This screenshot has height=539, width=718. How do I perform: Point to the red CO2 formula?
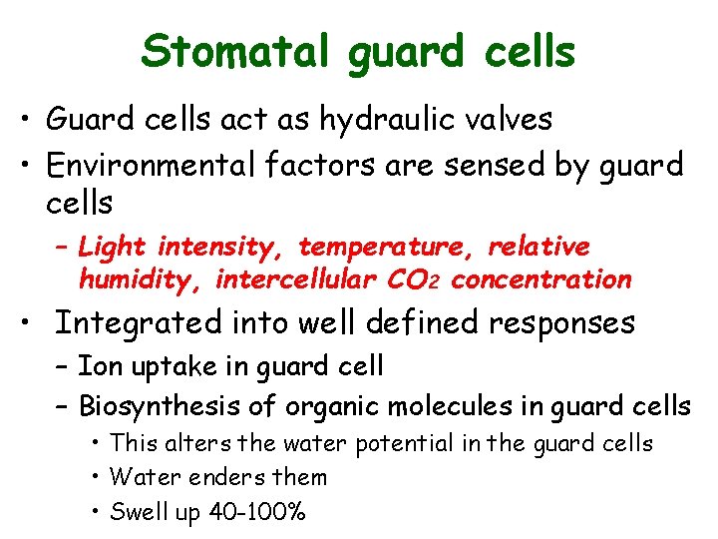[415, 279]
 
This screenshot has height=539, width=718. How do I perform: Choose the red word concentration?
[541, 279]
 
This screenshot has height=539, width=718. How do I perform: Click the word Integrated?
[139, 323]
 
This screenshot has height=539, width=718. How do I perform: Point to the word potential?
[411, 443]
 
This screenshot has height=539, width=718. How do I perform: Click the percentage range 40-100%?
[257, 512]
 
